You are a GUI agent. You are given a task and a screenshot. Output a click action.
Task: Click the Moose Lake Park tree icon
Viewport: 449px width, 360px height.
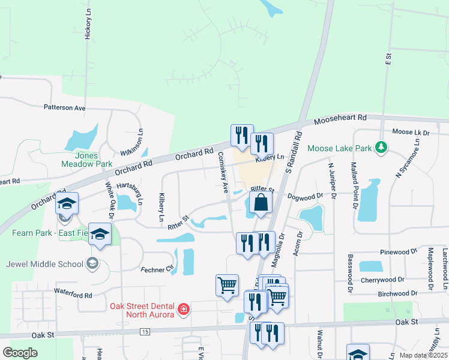(x=379, y=147)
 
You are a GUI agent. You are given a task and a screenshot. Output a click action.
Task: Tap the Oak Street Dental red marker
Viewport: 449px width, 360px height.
(x=184, y=310)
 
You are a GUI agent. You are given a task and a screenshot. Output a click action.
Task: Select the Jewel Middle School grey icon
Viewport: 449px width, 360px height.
(x=92, y=263)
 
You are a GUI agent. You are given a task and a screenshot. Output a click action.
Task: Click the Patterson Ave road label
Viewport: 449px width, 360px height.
(x=64, y=108)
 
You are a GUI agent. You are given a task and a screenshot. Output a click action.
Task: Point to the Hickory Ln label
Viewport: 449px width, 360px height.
(x=88, y=25)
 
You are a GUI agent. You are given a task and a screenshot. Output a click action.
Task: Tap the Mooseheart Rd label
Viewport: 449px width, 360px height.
(x=340, y=119)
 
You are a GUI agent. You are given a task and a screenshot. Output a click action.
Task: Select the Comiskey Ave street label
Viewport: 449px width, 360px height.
(x=223, y=172)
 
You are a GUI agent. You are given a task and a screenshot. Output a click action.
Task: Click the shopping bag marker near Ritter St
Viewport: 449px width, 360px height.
(x=261, y=202)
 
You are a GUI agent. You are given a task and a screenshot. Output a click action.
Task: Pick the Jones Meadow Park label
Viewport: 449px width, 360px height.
(x=86, y=159)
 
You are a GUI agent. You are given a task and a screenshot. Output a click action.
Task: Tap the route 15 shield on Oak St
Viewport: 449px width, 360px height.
(x=145, y=331)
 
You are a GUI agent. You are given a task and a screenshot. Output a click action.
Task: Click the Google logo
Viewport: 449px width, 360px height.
(x=20, y=353)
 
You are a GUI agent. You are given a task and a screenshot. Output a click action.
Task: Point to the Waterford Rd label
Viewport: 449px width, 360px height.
(x=73, y=295)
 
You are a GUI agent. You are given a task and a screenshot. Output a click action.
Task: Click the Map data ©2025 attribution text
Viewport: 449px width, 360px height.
(x=423, y=355)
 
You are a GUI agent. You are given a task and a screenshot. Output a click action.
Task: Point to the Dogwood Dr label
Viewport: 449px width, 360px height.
(x=306, y=196)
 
